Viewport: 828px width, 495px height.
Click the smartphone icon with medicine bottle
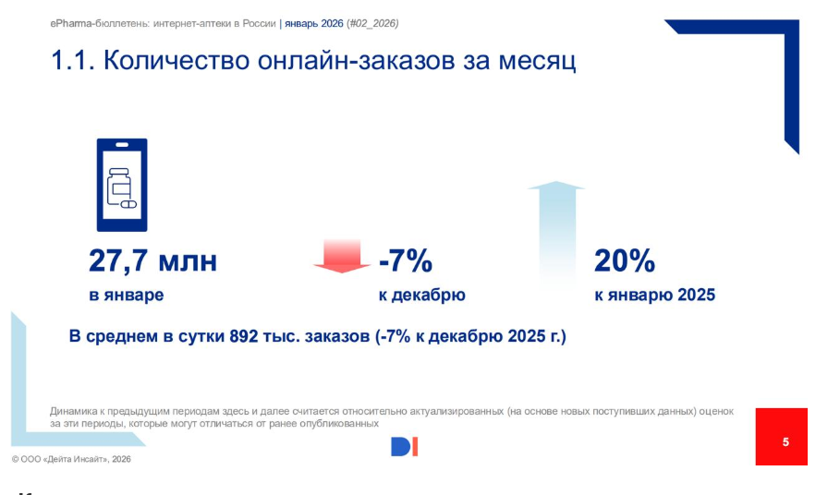point(122,185)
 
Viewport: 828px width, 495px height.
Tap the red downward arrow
point(342,256)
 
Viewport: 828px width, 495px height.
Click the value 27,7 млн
point(153,262)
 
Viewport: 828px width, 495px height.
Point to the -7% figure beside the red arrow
point(406,262)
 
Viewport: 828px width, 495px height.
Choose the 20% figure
point(625,262)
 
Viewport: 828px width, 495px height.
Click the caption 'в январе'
point(126,296)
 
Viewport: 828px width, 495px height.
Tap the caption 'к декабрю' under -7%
point(421,296)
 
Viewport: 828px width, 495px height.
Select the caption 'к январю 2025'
point(654,296)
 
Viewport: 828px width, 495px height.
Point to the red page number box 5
point(785,441)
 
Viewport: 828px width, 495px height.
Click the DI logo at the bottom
point(405,447)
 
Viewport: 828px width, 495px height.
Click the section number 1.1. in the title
point(72,61)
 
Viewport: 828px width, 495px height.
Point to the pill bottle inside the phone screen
point(120,187)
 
